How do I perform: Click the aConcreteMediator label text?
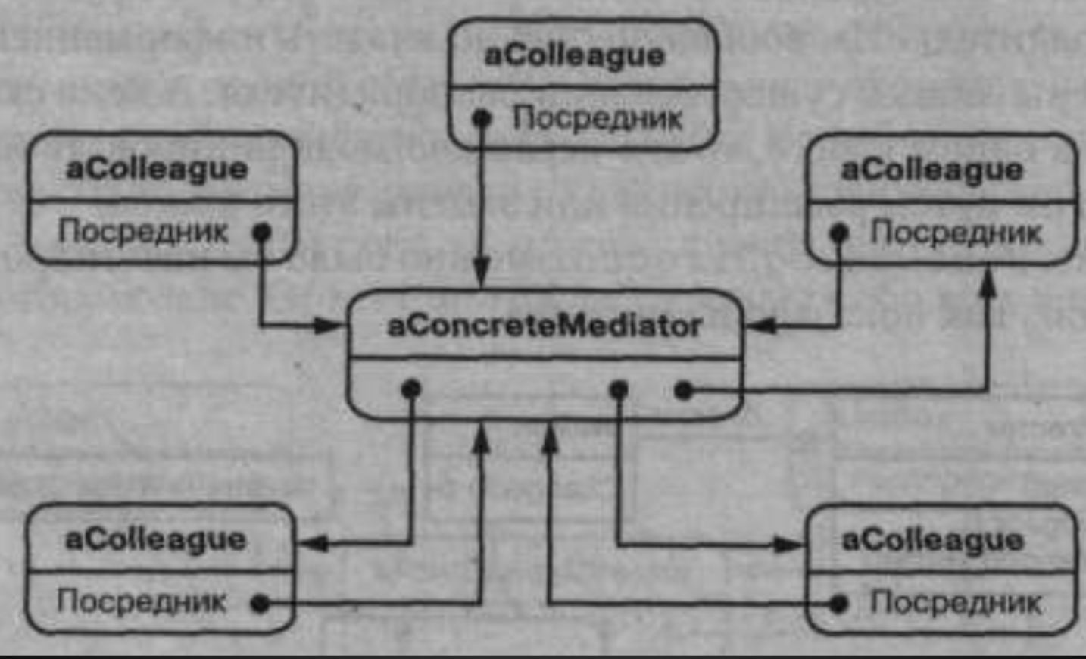pyautogui.click(x=544, y=326)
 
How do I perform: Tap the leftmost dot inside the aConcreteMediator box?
pyautogui.click(x=410, y=389)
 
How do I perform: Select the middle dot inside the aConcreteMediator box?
pyautogui.click(x=619, y=390)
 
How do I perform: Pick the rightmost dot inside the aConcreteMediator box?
pyautogui.click(x=683, y=391)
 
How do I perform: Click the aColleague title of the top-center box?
pyautogui.click(x=574, y=55)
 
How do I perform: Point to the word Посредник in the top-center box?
pyautogui.click(x=597, y=118)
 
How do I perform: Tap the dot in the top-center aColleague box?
pyautogui.click(x=482, y=118)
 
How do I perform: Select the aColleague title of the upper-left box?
pyautogui.click(x=157, y=169)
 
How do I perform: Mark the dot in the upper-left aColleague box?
pyautogui.click(x=262, y=232)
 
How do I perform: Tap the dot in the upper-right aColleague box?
pyautogui.click(x=838, y=233)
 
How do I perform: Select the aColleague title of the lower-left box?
pyautogui.click(x=156, y=539)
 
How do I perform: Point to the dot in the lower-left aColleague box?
pyautogui.click(x=260, y=603)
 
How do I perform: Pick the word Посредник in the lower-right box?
pyautogui.click(x=955, y=603)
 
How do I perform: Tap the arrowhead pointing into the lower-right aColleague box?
pyautogui.click(x=789, y=544)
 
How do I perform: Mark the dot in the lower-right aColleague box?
pyautogui.click(x=838, y=604)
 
